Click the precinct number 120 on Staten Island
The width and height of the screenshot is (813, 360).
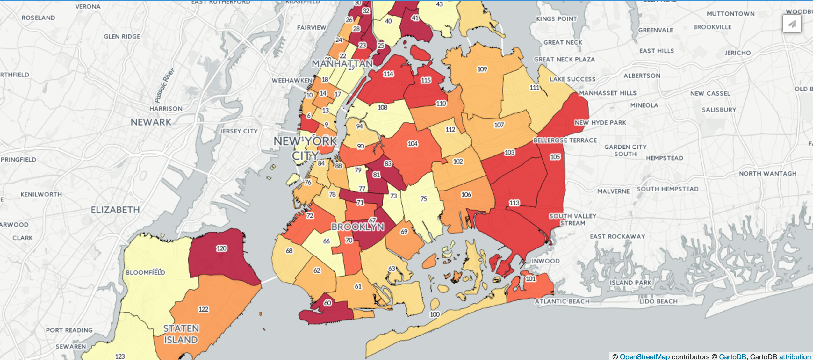pos(221,248)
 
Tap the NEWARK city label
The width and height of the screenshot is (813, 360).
pos(151,122)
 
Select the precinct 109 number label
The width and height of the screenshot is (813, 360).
pos(482,69)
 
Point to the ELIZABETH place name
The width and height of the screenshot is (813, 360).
pos(115,210)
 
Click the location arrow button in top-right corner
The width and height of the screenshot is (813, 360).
pos(792,24)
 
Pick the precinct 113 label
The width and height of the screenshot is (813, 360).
pos(514,203)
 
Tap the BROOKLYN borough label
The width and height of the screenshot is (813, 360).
pos(358,227)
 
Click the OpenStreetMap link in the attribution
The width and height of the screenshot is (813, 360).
pos(644,356)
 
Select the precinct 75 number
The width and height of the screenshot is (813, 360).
pos(423,199)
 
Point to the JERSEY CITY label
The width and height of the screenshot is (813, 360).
pos(239,131)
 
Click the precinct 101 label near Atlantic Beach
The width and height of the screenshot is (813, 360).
pos(530,279)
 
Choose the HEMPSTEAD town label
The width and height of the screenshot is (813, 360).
pos(665,158)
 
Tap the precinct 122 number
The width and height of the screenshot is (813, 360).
pos(203,309)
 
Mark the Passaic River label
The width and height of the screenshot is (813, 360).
pos(164,85)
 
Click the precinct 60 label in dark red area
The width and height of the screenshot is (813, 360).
pos(327,303)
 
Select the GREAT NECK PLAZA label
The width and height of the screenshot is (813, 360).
pos(564,59)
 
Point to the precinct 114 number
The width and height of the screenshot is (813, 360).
pos(388,74)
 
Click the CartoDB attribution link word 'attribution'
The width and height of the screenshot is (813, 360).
pos(795,356)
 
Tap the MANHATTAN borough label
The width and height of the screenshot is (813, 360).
pos(342,64)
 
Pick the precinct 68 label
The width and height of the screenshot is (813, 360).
pos(289,251)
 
